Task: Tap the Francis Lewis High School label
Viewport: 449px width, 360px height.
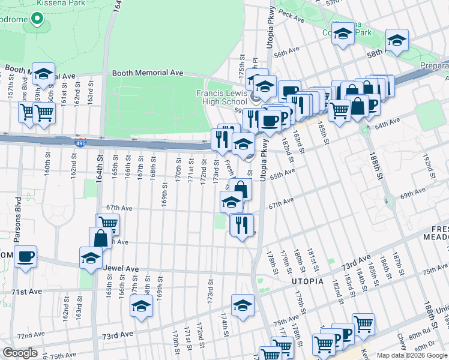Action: tap(221, 97)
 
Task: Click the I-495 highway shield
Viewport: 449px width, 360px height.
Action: tap(80, 143)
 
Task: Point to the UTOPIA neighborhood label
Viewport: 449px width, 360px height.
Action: tap(307, 281)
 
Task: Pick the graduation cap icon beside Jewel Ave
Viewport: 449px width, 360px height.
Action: tap(91, 257)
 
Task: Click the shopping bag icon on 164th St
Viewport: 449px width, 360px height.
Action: tap(101, 238)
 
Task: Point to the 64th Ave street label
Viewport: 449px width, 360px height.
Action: tap(387, 124)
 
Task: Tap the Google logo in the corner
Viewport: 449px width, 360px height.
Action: tap(20, 353)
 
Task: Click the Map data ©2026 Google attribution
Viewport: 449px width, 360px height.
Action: tap(411, 355)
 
